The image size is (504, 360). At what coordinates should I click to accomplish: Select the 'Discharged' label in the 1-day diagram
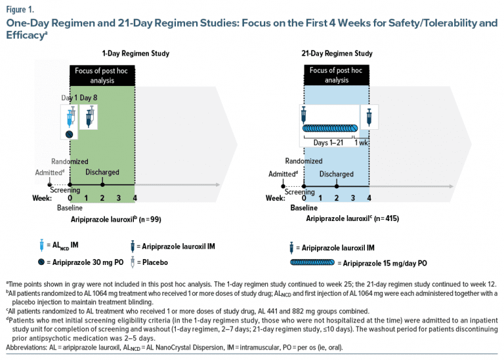[x=102, y=172]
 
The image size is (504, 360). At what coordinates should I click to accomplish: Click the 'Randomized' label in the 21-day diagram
[x=304, y=161]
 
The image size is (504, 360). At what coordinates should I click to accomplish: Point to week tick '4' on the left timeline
[x=135, y=197]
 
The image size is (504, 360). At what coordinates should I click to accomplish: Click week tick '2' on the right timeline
[x=337, y=197]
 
